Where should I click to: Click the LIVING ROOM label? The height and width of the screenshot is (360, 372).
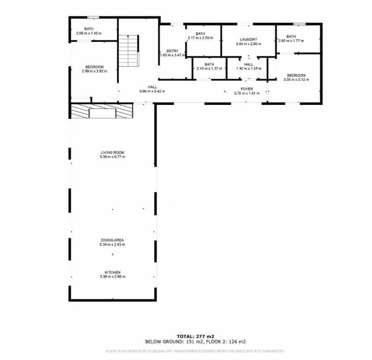pos(113,152)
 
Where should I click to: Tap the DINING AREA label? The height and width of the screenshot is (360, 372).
pos(112,240)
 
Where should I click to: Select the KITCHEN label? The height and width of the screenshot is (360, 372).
pos(112,272)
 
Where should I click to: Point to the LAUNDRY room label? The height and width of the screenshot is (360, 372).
pos(248,39)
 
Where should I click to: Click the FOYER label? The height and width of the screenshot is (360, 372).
pos(247,89)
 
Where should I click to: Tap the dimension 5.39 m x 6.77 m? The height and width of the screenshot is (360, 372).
pos(112,156)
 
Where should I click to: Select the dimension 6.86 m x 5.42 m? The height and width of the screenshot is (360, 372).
pos(152,91)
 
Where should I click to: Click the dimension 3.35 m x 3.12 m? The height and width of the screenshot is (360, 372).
pos(296,80)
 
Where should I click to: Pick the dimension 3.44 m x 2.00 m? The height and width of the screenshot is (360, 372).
pos(248,44)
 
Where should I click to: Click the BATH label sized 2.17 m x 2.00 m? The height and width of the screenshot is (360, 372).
pos(200,34)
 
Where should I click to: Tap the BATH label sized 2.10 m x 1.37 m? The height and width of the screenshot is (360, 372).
pos(209,64)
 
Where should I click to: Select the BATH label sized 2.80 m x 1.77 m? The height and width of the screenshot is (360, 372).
pos(291,36)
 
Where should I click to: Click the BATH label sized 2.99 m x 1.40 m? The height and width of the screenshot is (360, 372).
pos(89,29)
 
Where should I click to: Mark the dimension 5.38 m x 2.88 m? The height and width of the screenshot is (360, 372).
pos(112,277)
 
